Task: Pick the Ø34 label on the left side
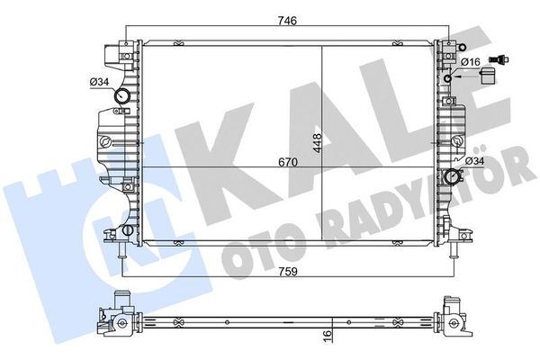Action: click(x=99, y=84)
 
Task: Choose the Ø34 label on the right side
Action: click(x=474, y=161)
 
